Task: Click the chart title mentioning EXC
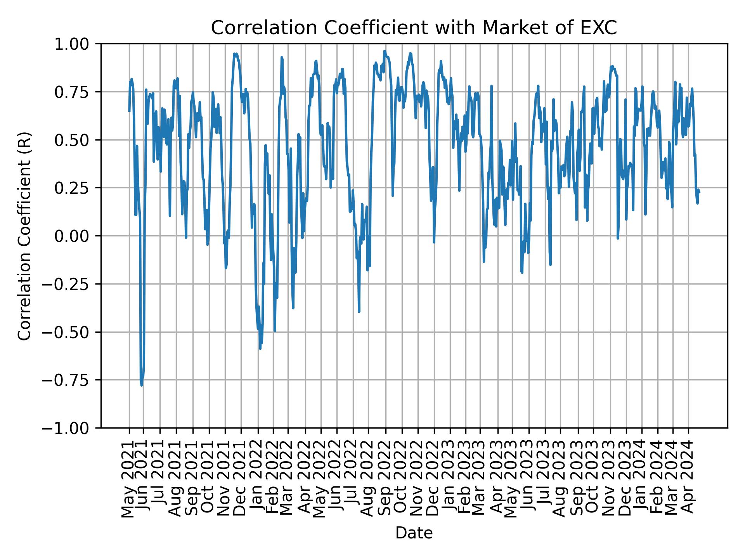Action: tap(414, 28)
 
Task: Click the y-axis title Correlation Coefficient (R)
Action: tap(24, 236)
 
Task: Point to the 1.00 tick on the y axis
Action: tap(77, 44)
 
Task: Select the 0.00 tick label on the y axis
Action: tap(77, 236)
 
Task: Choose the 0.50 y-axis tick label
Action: tap(77, 140)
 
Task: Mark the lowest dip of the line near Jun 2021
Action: tap(142, 385)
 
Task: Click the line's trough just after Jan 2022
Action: tap(260, 348)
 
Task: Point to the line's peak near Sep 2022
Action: tap(385, 51)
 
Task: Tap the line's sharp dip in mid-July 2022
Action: tap(359, 311)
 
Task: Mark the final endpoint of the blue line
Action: tap(699, 192)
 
